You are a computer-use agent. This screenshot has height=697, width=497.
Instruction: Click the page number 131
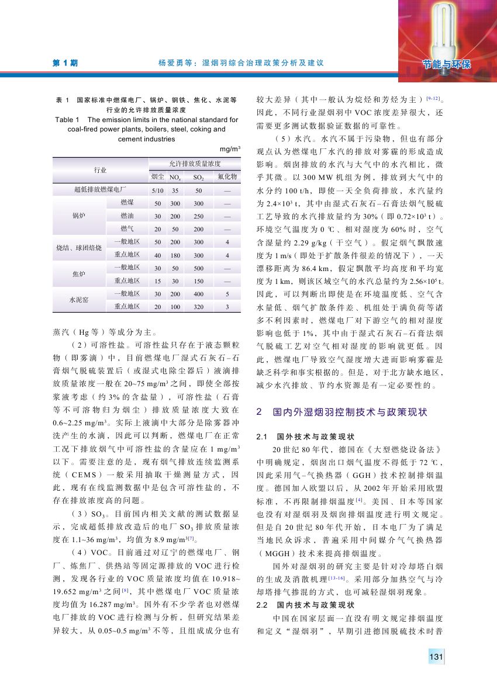(x=435, y=658)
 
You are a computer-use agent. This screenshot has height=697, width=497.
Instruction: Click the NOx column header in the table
(x=174, y=176)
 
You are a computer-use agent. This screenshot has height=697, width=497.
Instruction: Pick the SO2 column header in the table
(x=199, y=176)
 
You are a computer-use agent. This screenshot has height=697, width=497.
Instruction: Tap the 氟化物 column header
(x=226, y=176)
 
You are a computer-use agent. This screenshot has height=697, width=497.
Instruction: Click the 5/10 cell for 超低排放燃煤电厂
(x=157, y=190)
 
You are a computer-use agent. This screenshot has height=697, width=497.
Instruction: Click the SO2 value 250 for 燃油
(x=199, y=216)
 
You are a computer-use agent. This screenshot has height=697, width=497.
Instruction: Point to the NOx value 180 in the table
(x=175, y=255)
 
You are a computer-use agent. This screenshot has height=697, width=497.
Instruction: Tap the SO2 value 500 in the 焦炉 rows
(x=199, y=268)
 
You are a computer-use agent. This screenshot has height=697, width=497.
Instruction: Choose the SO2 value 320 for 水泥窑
(x=199, y=307)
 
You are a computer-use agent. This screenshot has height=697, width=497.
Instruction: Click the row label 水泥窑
(x=79, y=300)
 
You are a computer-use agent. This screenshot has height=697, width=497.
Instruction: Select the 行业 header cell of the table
(x=101, y=169)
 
